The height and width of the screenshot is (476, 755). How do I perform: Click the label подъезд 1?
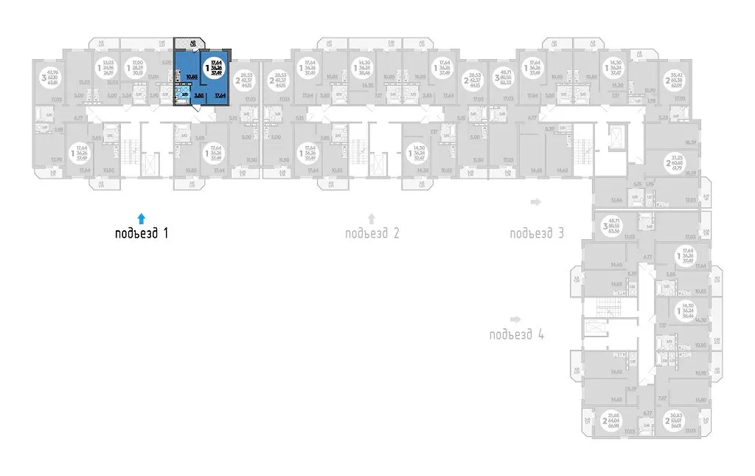(x=142, y=235)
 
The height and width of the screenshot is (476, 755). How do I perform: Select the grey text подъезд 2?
(x=372, y=235)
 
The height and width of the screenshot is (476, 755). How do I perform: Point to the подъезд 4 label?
(x=516, y=334)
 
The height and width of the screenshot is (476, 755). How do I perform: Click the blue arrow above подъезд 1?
(x=142, y=218)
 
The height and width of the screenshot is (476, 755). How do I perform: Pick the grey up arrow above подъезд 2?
(x=372, y=218)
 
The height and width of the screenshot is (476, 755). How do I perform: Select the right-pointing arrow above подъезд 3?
(x=537, y=201)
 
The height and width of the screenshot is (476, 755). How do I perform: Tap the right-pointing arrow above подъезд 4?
(x=516, y=319)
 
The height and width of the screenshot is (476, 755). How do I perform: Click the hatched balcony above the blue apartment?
(x=191, y=46)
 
